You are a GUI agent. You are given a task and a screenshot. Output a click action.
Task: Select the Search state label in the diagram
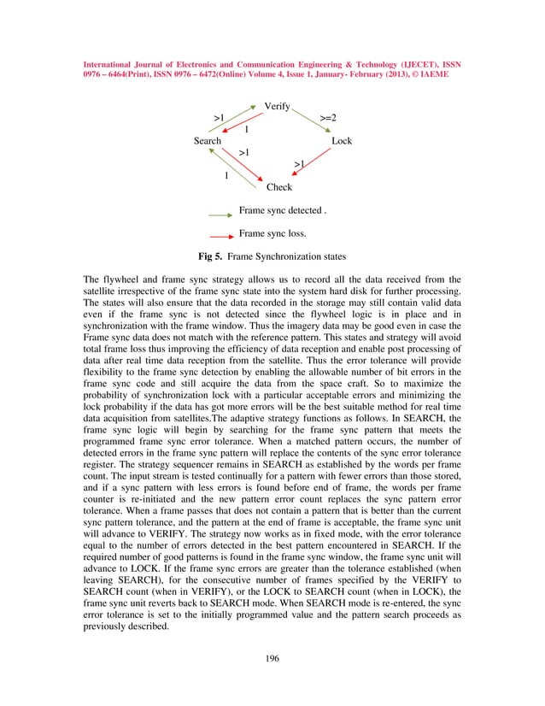(x=208, y=141)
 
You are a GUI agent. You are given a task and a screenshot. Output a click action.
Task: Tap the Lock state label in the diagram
(x=342, y=141)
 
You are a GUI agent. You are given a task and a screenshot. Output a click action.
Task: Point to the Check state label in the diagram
(x=279, y=187)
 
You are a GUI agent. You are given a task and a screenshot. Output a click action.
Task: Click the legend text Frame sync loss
(x=272, y=232)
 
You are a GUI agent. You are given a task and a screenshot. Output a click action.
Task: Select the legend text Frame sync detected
(x=282, y=210)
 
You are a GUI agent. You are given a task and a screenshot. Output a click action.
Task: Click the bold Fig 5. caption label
(x=210, y=256)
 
